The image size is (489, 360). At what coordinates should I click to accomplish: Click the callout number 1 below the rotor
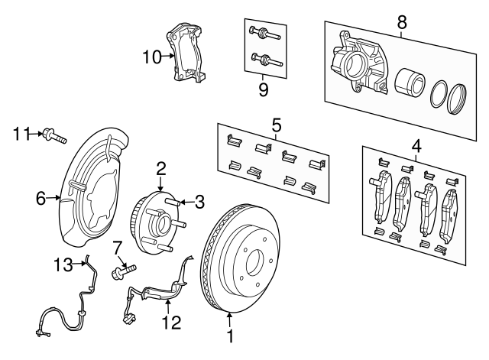pyautogui.click(x=228, y=334)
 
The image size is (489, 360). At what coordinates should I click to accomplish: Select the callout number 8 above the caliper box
pyautogui.click(x=403, y=22)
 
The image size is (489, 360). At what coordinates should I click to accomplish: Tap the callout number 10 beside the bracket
pyautogui.click(x=152, y=56)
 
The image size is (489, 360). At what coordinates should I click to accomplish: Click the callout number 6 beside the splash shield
pyautogui.click(x=41, y=198)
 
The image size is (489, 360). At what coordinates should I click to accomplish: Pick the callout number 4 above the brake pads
pyautogui.click(x=416, y=144)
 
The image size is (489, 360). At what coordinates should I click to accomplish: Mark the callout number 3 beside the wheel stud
pyautogui.click(x=199, y=202)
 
